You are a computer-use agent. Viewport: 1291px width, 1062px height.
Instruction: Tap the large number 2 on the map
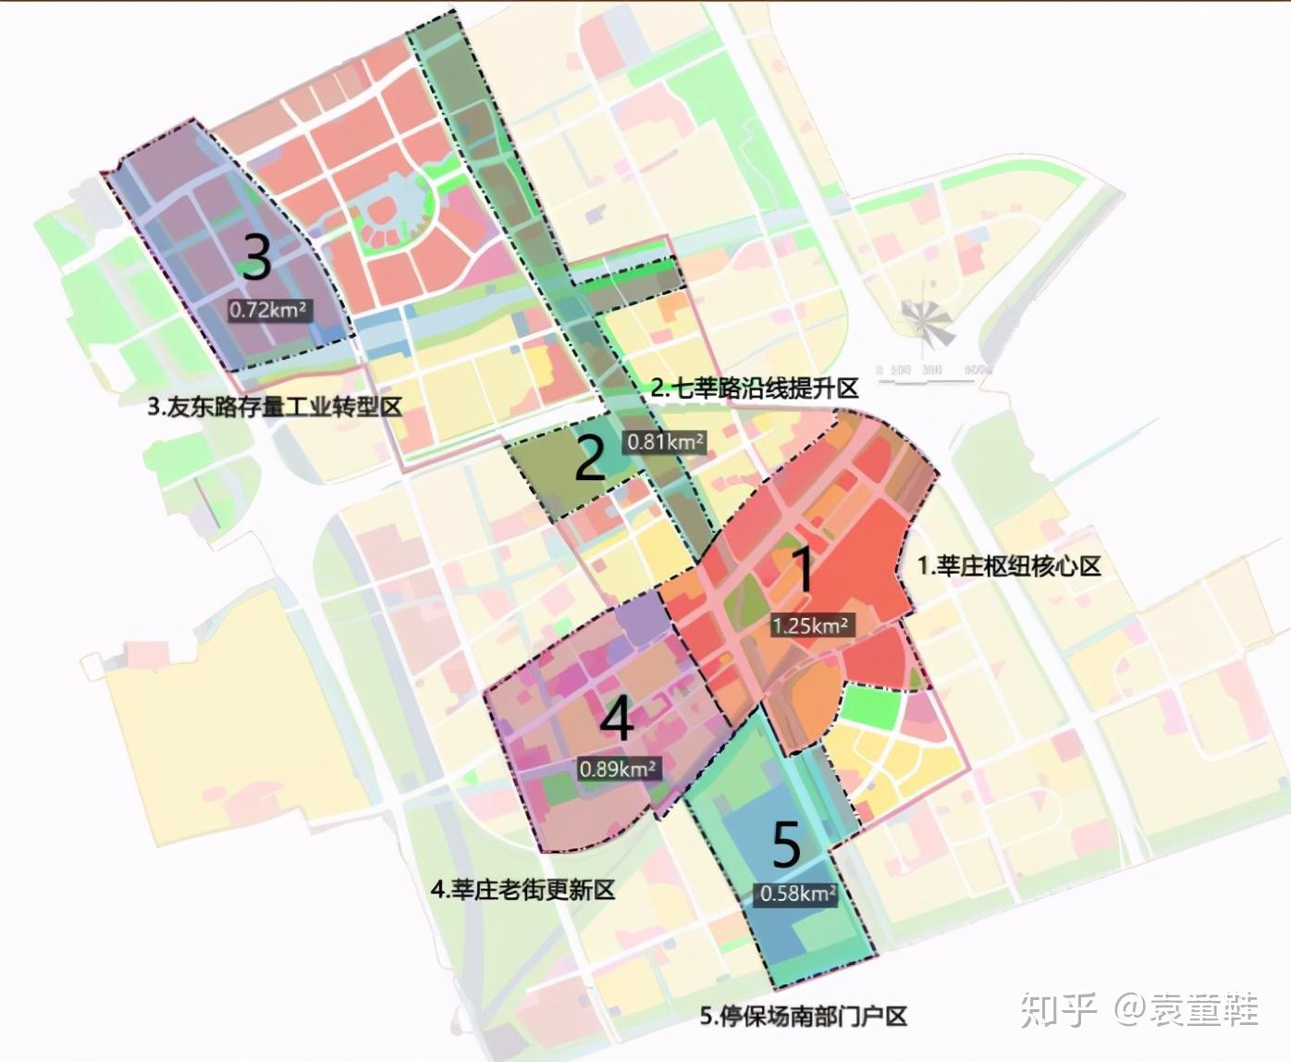(590, 458)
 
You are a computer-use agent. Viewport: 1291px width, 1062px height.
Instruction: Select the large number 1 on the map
(805, 570)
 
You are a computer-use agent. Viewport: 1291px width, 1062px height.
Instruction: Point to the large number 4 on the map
(617, 718)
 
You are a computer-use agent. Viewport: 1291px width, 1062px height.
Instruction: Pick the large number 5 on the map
(786, 844)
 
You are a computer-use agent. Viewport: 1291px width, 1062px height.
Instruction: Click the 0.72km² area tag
(268, 310)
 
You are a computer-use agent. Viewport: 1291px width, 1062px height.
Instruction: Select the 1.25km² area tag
(810, 625)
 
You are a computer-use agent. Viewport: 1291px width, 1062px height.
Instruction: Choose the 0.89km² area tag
(618, 769)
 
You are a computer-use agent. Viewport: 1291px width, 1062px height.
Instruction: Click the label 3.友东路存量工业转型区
(275, 407)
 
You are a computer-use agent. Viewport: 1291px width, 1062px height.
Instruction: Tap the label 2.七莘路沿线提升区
(755, 389)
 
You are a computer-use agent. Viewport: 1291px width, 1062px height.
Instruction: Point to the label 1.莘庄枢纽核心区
(1009, 566)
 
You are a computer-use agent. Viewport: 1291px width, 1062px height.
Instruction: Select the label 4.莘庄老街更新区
(523, 890)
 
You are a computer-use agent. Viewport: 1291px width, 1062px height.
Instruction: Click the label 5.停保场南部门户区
(803, 1017)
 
